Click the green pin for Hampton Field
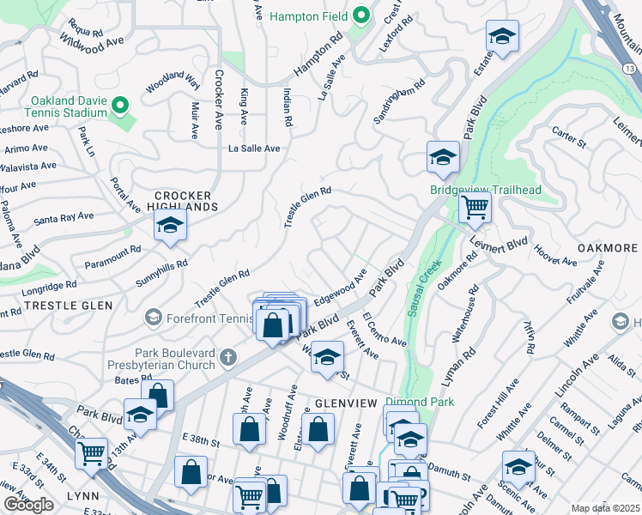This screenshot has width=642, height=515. (x=361, y=15)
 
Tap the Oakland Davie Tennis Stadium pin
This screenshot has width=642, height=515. (x=121, y=106)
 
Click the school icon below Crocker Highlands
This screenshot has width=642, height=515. (x=170, y=227)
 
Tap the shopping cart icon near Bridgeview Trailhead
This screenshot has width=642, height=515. (x=474, y=207)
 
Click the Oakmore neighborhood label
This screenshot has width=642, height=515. (x=605, y=247)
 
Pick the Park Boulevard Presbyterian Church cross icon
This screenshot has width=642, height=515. (x=227, y=356)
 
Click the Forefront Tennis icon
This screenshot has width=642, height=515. (x=154, y=318)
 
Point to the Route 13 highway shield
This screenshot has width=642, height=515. (x=630, y=68)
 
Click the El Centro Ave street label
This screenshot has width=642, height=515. (x=384, y=330)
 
